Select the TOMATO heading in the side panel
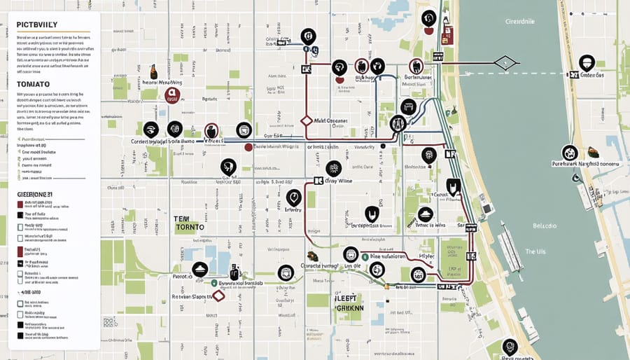click(x=31, y=82)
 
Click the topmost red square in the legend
click(x=20, y=205)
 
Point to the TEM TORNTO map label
click(x=189, y=223)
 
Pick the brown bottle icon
click(x=153, y=71)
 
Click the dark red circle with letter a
click(x=172, y=95)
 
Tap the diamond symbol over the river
click(x=505, y=63)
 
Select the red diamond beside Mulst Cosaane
click(x=306, y=120)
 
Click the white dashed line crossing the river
click(x=546, y=73)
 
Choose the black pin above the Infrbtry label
click(x=294, y=197)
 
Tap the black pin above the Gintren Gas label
click(x=587, y=62)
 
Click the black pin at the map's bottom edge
click(x=510, y=345)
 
